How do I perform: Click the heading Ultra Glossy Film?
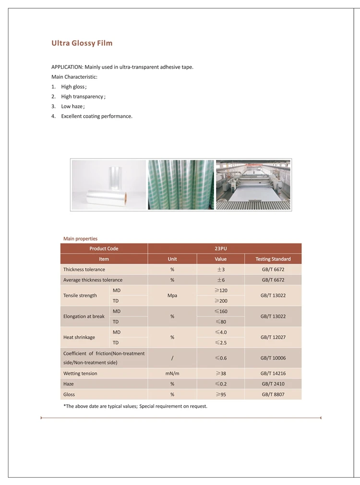click(82, 43)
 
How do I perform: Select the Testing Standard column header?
click(273, 259)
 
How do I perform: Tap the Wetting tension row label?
click(80, 373)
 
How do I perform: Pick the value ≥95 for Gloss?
click(221, 394)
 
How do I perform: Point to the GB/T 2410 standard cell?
click(273, 384)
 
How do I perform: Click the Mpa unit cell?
click(172, 295)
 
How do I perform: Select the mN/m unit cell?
click(172, 373)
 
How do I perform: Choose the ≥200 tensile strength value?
click(221, 301)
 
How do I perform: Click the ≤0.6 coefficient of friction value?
click(221, 358)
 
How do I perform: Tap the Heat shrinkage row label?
click(79, 337)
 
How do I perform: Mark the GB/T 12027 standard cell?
click(273, 337)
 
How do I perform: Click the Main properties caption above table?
click(80, 238)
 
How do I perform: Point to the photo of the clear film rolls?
click(109, 185)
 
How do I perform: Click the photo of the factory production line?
click(253, 185)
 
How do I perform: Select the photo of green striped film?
click(181, 185)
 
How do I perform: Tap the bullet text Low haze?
click(72, 106)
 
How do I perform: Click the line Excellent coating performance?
click(96, 116)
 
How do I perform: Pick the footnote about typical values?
click(135, 406)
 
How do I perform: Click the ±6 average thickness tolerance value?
click(221, 280)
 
